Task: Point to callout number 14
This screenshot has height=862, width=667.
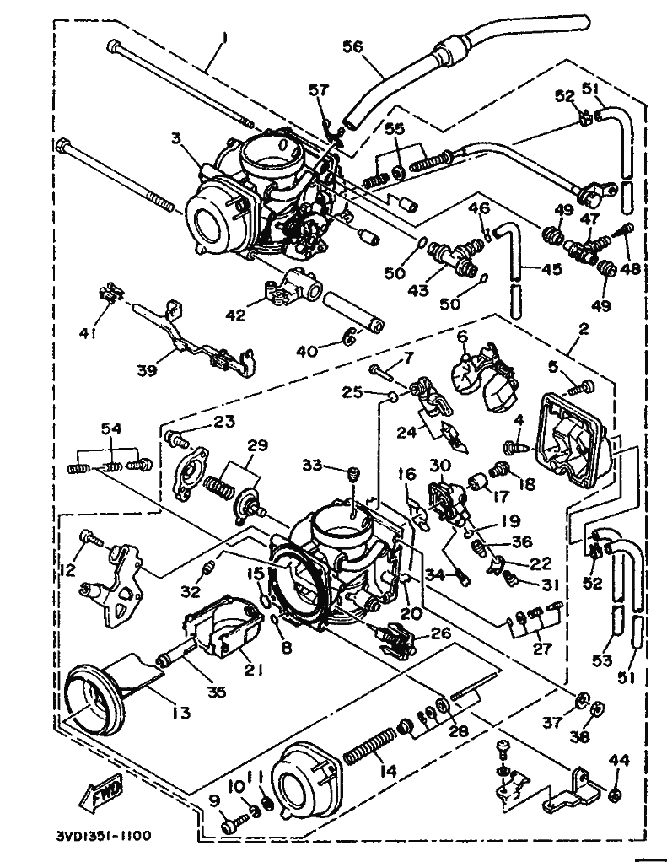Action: [388, 771]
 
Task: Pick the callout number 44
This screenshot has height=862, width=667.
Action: [620, 762]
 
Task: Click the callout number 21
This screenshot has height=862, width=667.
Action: [253, 671]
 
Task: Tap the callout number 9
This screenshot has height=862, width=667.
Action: [214, 800]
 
